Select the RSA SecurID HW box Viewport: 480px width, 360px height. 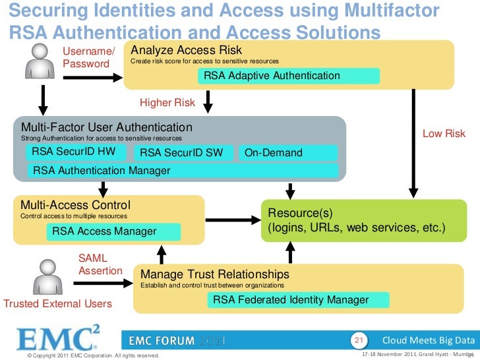click(78, 153)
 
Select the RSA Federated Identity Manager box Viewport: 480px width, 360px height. click(298, 300)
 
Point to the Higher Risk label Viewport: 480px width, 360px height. click(167, 103)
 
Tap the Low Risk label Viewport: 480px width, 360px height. click(444, 134)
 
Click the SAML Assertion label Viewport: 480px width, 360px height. click(100, 265)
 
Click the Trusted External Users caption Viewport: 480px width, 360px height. click(58, 304)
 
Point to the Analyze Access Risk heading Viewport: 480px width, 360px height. click(187, 50)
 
